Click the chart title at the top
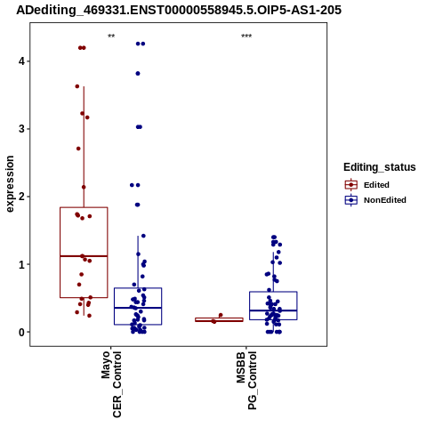coord(179,10)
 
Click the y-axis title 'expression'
coord(10,184)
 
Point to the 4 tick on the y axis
coord(22,61)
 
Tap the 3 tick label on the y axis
coord(22,129)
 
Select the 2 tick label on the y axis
coord(22,197)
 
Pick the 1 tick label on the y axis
coord(22,264)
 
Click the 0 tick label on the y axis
coord(22,332)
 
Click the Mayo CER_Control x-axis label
coord(111,384)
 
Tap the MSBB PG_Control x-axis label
coord(246,381)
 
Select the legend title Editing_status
coord(380,167)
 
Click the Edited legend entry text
coord(376,185)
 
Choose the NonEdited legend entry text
coord(385,200)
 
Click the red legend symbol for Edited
coord(351,185)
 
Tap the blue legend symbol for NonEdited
coord(351,200)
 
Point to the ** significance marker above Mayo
coord(111,36)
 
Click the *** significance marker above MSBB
coord(246,36)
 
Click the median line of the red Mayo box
coord(84,256)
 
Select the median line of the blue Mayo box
coord(138,308)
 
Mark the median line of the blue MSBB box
coord(273,310)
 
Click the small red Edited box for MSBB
coord(219,319)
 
